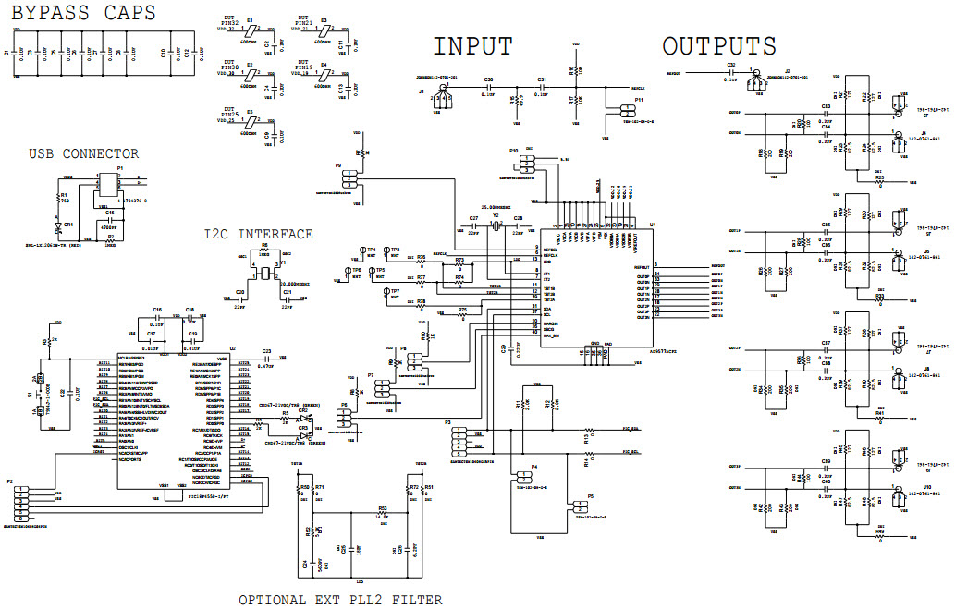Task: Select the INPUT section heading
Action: [472, 46]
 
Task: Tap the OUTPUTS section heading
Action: [719, 46]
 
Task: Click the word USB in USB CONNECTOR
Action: [45, 154]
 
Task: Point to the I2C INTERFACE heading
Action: [258, 234]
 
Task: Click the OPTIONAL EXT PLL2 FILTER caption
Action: [340, 600]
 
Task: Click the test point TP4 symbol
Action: [362, 250]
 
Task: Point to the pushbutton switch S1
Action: [40, 395]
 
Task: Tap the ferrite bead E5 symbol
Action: [249, 121]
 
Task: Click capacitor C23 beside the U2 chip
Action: [267, 359]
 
